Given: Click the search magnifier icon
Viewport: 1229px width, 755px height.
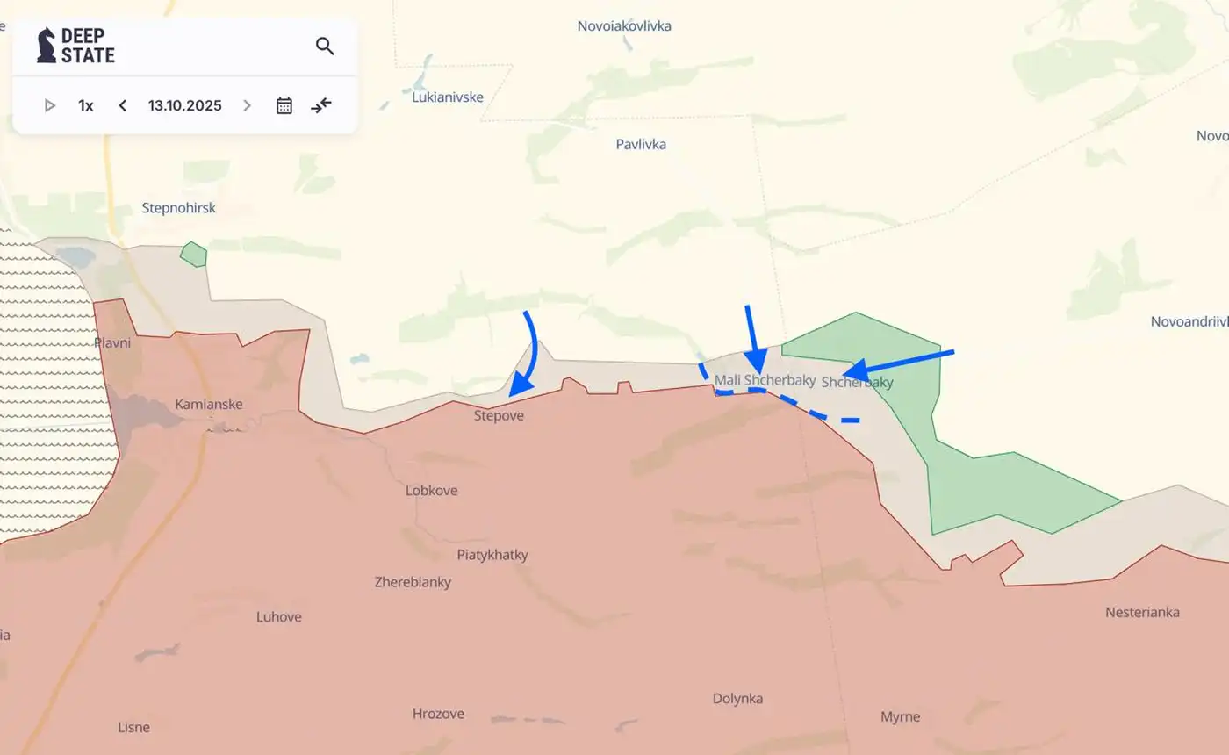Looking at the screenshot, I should coord(325,47).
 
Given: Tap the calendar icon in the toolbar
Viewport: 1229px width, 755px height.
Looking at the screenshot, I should coord(284,105).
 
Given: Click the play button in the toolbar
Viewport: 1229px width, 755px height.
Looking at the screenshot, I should coord(50,105).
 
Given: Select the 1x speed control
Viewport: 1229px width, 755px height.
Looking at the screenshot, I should coord(86,105).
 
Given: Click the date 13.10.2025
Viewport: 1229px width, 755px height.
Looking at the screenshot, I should coord(184,105).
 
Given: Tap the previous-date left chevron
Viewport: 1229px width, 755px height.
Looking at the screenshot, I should coord(123,105).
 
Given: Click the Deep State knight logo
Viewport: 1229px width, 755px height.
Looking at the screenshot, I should coord(46,45).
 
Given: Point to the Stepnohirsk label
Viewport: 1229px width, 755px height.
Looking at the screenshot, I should coord(178,208).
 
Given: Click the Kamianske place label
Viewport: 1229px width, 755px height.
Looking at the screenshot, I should coord(209,405).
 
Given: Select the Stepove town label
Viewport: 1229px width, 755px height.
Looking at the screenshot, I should coord(499,416).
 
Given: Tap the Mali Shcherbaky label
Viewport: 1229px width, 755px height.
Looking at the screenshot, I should coord(765,380).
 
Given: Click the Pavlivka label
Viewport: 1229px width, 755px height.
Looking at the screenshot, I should coord(641,144).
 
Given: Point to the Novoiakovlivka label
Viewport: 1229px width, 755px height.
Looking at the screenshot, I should coord(624,26).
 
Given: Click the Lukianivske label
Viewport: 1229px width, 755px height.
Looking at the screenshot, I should coord(448,97).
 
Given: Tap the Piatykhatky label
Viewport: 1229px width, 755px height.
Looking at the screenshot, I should coord(492,555).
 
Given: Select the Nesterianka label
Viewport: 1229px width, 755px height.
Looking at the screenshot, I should coord(1142,612).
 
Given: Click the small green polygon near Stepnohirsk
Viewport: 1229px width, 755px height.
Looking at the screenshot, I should coord(193,255).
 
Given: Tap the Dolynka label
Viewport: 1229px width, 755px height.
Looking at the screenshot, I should coord(737,699).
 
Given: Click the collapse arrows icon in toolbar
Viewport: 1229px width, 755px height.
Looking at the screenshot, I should coord(321,105).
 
